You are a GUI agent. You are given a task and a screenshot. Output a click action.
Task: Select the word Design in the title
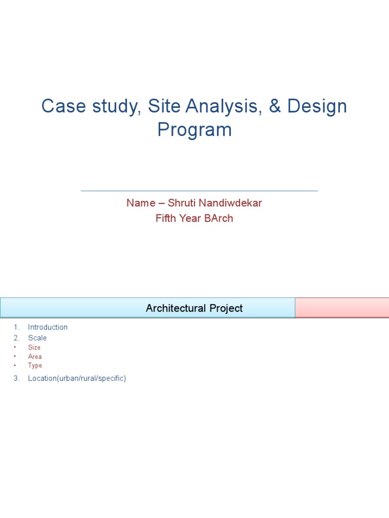tap(317, 107)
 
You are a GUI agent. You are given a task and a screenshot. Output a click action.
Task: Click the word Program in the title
tap(194, 130)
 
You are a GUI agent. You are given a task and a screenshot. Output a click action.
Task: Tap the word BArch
tap(219, 219)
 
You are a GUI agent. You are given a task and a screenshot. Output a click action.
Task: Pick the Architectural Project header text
tap(194, 308)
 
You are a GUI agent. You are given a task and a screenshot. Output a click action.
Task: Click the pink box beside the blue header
tap(342, 308)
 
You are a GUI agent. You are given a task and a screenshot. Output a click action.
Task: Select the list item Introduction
tap(48, 327)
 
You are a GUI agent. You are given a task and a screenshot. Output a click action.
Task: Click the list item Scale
tap(37, 338)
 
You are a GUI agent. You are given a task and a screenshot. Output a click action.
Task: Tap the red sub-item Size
tap(34, 348)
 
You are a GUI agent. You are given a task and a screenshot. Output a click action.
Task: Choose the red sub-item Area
tap(35, 357)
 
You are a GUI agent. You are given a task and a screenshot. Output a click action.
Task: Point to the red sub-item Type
tap(35, 365)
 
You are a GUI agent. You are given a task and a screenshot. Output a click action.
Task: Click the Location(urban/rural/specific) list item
tap(77, 378)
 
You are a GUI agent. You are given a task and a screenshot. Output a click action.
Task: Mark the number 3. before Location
tap(17, 378)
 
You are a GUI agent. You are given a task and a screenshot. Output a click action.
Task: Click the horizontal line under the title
tap(199, 191)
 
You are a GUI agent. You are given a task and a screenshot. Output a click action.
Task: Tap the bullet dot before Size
tap(15, 348)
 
